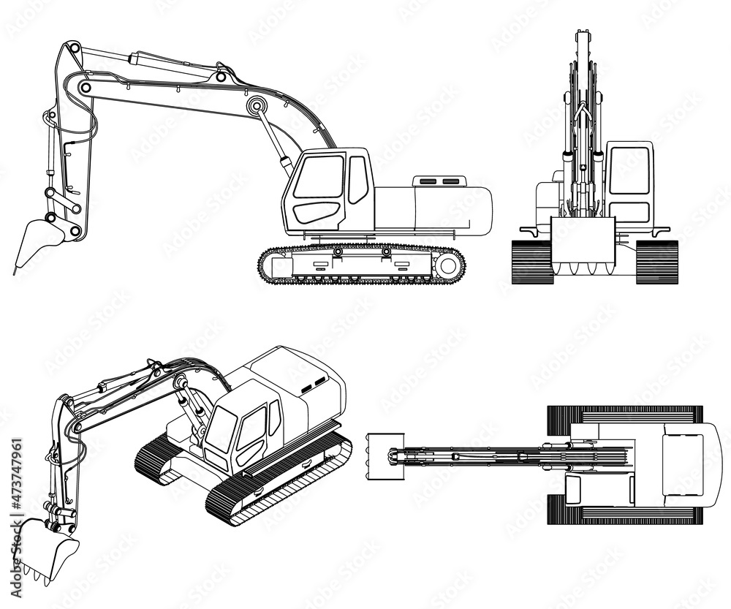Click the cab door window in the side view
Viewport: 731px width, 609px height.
pos(319,176)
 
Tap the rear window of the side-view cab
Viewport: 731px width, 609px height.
pos(357,179)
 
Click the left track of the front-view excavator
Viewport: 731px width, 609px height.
pos(531,261)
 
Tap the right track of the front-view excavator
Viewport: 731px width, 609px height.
pos(656,261)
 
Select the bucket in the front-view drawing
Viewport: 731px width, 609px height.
pos(583,241)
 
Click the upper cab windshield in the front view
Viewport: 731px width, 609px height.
pos(629,171)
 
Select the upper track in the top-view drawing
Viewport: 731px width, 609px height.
pos(625,413)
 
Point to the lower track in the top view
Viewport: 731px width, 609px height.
pos(625,516)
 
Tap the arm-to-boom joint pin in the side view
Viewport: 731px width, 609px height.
pos(86,88)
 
